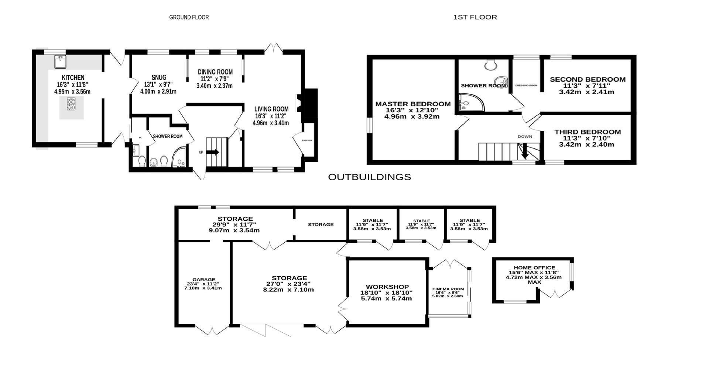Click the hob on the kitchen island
(72, 104)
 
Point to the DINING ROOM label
(215, 72)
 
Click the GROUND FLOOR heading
(189, 17)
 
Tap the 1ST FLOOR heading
(475, 17)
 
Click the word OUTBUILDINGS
(369, 177)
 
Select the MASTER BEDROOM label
(413, 104)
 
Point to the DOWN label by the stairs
(524, 136)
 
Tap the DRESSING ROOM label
(526, 85)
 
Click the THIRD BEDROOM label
(588, 132)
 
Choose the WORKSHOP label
(387, 287)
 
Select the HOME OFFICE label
(534, 268)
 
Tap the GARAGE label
(203, 280)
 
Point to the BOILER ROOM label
(307, 140)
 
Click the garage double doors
(212, 330)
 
